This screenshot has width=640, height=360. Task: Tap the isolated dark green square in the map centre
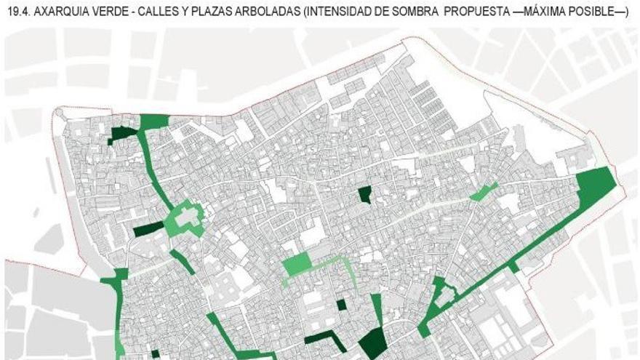(x=365, y=194)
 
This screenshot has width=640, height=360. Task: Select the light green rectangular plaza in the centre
(x=297, y=264)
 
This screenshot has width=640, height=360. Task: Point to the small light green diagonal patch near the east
(x=483, y=192)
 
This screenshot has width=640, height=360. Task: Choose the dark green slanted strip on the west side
(x=148, y=230)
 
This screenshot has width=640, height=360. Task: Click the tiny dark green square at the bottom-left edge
(x=155, y=354)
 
